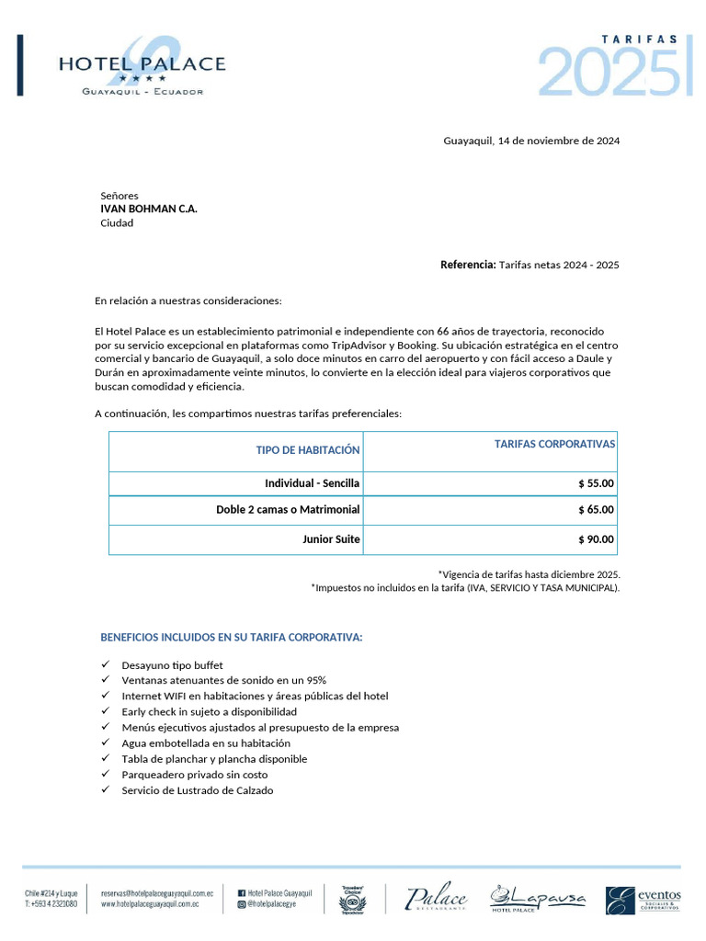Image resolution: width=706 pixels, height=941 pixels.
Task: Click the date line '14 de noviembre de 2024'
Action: (531, 142)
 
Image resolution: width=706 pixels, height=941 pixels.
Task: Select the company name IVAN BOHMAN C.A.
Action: (148, 209)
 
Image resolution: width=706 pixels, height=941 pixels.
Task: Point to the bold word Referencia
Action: (468, 265)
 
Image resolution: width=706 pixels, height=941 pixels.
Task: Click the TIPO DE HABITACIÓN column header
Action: (308, 450)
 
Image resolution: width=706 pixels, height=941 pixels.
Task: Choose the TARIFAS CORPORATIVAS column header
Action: (554, 444)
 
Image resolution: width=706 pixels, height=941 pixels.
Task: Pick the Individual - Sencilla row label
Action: (312, 483)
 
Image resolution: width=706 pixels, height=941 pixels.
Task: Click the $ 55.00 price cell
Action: (596, 483)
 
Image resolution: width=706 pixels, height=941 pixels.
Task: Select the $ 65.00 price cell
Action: (596, 510)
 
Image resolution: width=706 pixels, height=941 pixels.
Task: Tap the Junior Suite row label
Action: (331, 539)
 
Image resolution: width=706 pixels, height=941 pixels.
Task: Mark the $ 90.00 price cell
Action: (596, 539)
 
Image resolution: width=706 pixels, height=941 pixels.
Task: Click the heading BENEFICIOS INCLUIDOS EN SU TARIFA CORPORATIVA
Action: (231, 638)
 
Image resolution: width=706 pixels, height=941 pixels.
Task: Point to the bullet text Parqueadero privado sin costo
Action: (194, 775)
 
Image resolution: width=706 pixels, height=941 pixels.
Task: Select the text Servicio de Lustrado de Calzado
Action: (197, 790)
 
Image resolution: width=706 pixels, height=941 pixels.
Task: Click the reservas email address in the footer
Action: (157, 892)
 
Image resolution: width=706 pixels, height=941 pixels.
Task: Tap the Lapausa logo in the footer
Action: (537, 899)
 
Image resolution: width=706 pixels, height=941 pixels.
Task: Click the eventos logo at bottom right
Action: (643, 900)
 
